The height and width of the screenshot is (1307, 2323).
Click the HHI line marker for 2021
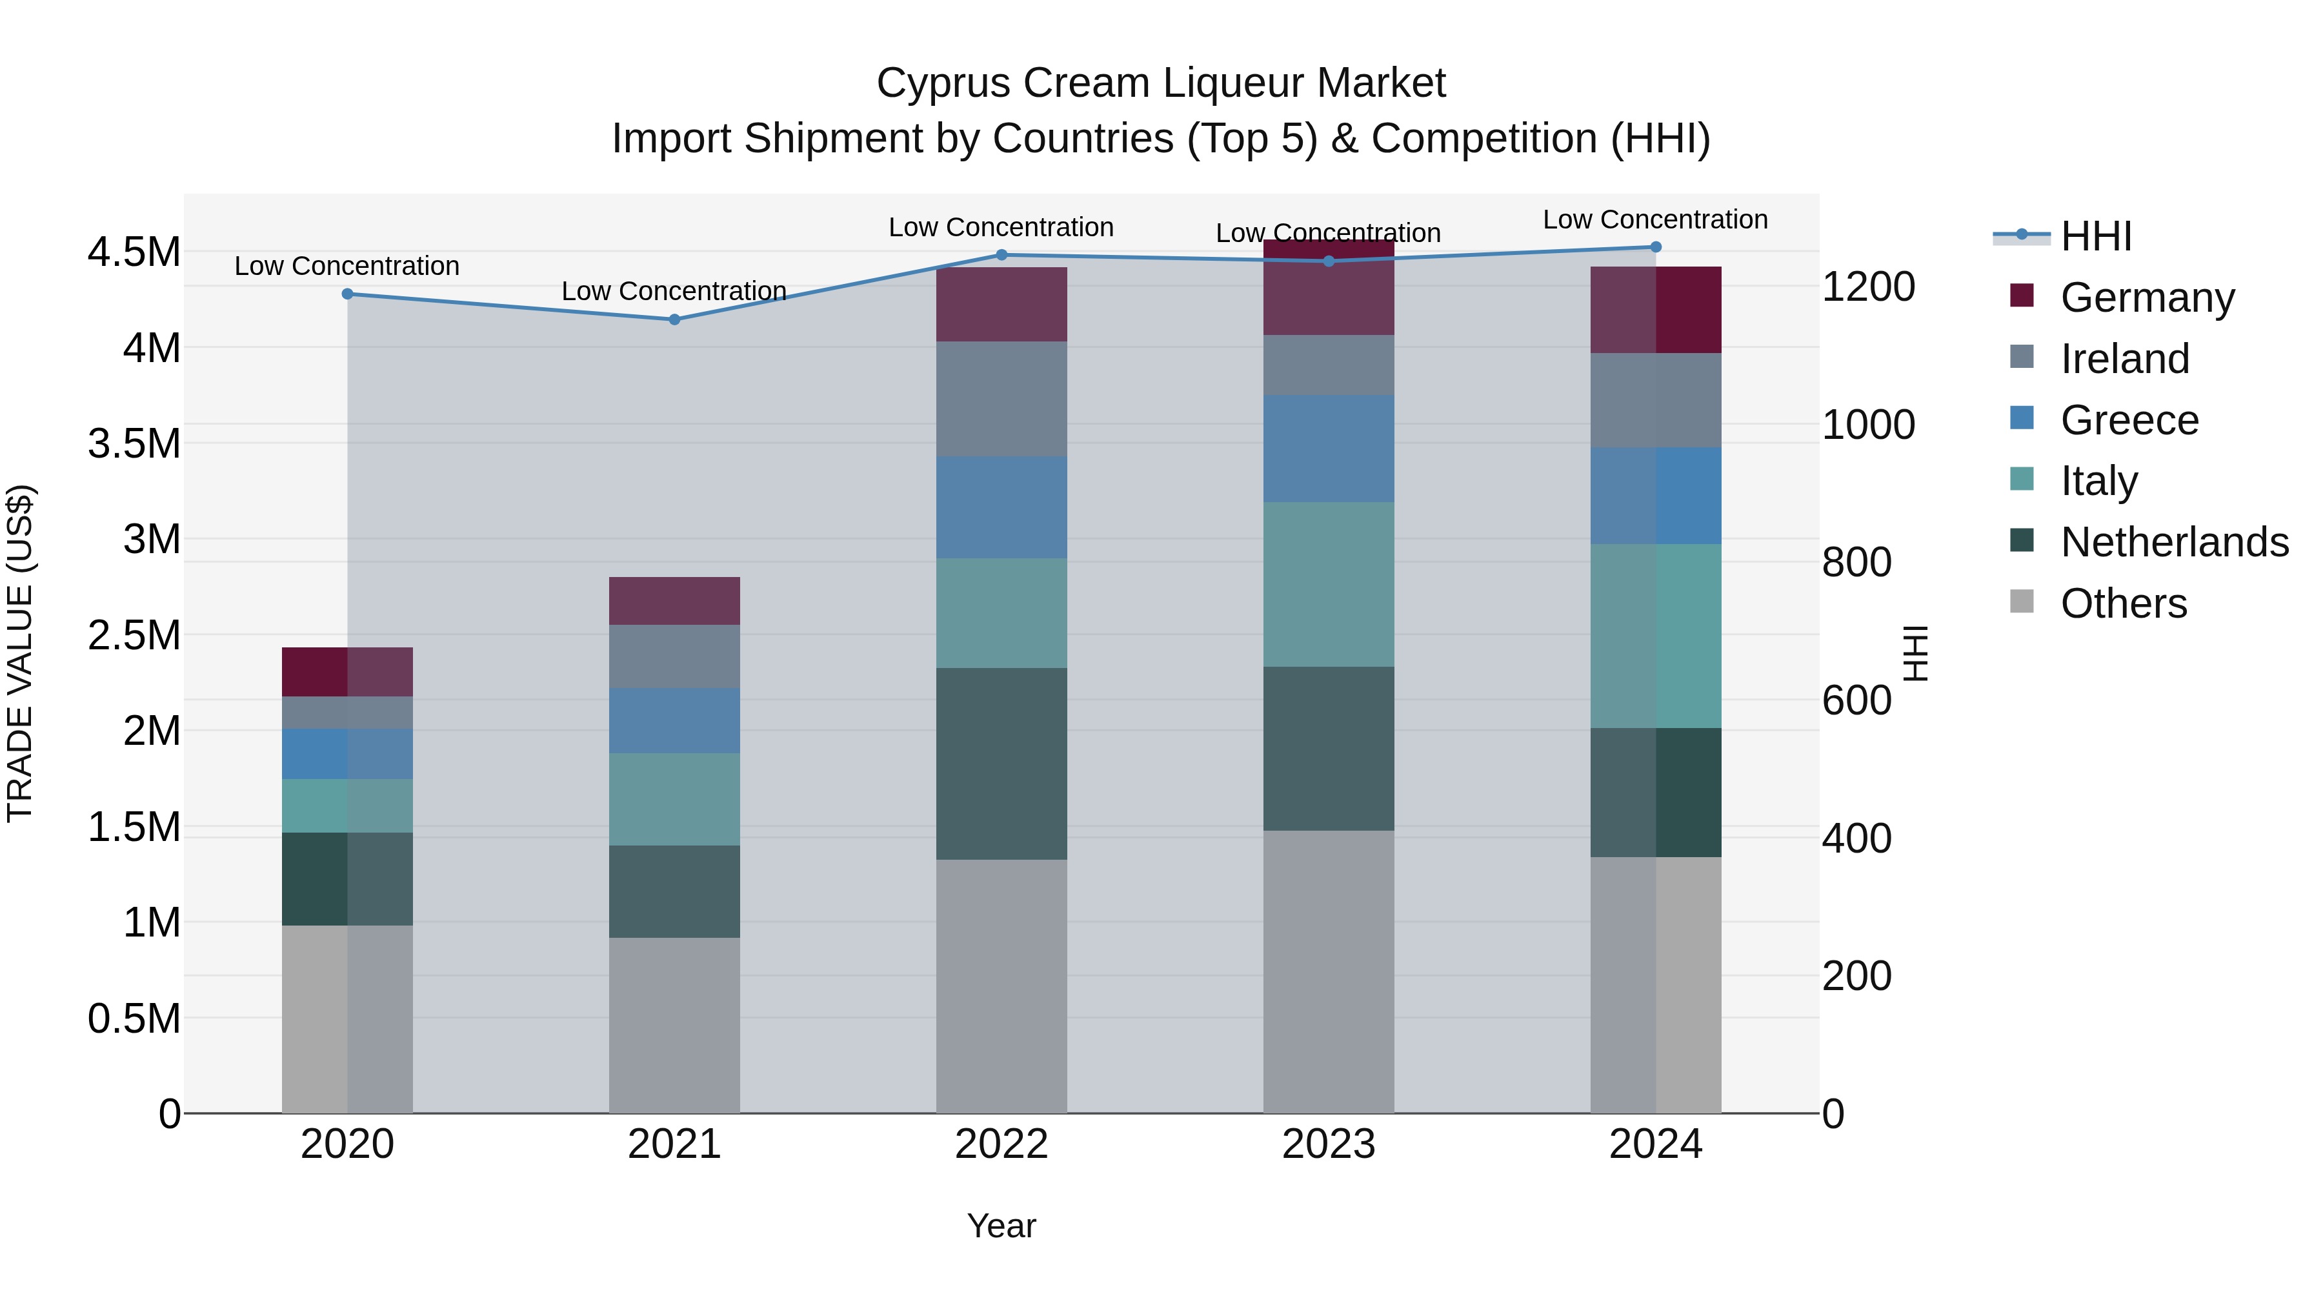674,319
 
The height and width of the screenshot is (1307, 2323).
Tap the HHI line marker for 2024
1656,247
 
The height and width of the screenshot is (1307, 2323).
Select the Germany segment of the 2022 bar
1001,304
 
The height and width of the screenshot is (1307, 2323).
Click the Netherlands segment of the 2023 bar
1329,749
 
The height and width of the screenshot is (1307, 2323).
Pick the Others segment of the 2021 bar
674,1025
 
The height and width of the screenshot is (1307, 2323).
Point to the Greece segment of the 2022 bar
1001,507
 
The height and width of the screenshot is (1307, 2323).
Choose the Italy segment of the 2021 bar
674,799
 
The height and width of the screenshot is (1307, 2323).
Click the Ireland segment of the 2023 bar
1329,365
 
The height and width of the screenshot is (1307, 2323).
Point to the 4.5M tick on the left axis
134,252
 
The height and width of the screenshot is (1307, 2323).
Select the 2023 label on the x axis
1329,1144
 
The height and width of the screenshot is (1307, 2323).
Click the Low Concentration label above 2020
347,266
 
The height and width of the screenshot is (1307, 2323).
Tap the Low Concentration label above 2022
1001,227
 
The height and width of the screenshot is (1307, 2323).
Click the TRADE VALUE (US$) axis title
20,653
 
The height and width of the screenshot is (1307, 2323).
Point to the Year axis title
1001,1226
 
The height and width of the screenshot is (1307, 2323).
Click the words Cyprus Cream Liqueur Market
1161,83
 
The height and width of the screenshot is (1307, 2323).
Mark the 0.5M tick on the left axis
134,1018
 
